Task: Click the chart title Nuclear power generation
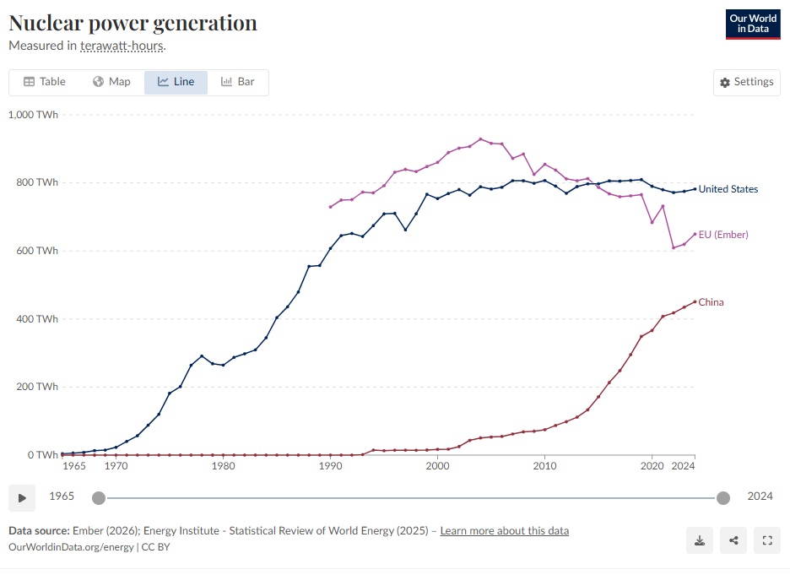pyautogui.click(x=133, y=23)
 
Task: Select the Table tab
pyautogui.click(x=44, y=82)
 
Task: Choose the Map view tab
pyautogui.click(x=111, y=82)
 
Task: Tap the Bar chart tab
pyautogui.click(x=237, y=82)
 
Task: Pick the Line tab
pyautogui.click(x=176, y=82)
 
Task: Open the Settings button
pyautogui.click(x=746, y=82)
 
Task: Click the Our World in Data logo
pyautogui.click(x=752, y=24)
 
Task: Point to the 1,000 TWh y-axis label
pyautogui.click(x=33, y=115)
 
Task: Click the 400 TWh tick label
pyautogui.click(x=35, y=319)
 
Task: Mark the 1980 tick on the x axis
pyautogui.click(x=223, y=466)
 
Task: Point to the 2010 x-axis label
pyautogui.click(x=544, y=466)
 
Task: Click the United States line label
pyautogui.click(x=728, y=189)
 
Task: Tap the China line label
pyautogui.click(x=711, y=302)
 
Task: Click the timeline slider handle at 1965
pyautogui.click(x=99, y=497)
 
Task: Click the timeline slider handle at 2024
pyautogui.click(x=722, y=497)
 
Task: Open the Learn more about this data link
pyautogui.click(x=504, y=531)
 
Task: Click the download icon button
pyautogui.click(x=700, y=541)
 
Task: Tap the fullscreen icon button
pyautogui.click(x=767, y=541)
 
